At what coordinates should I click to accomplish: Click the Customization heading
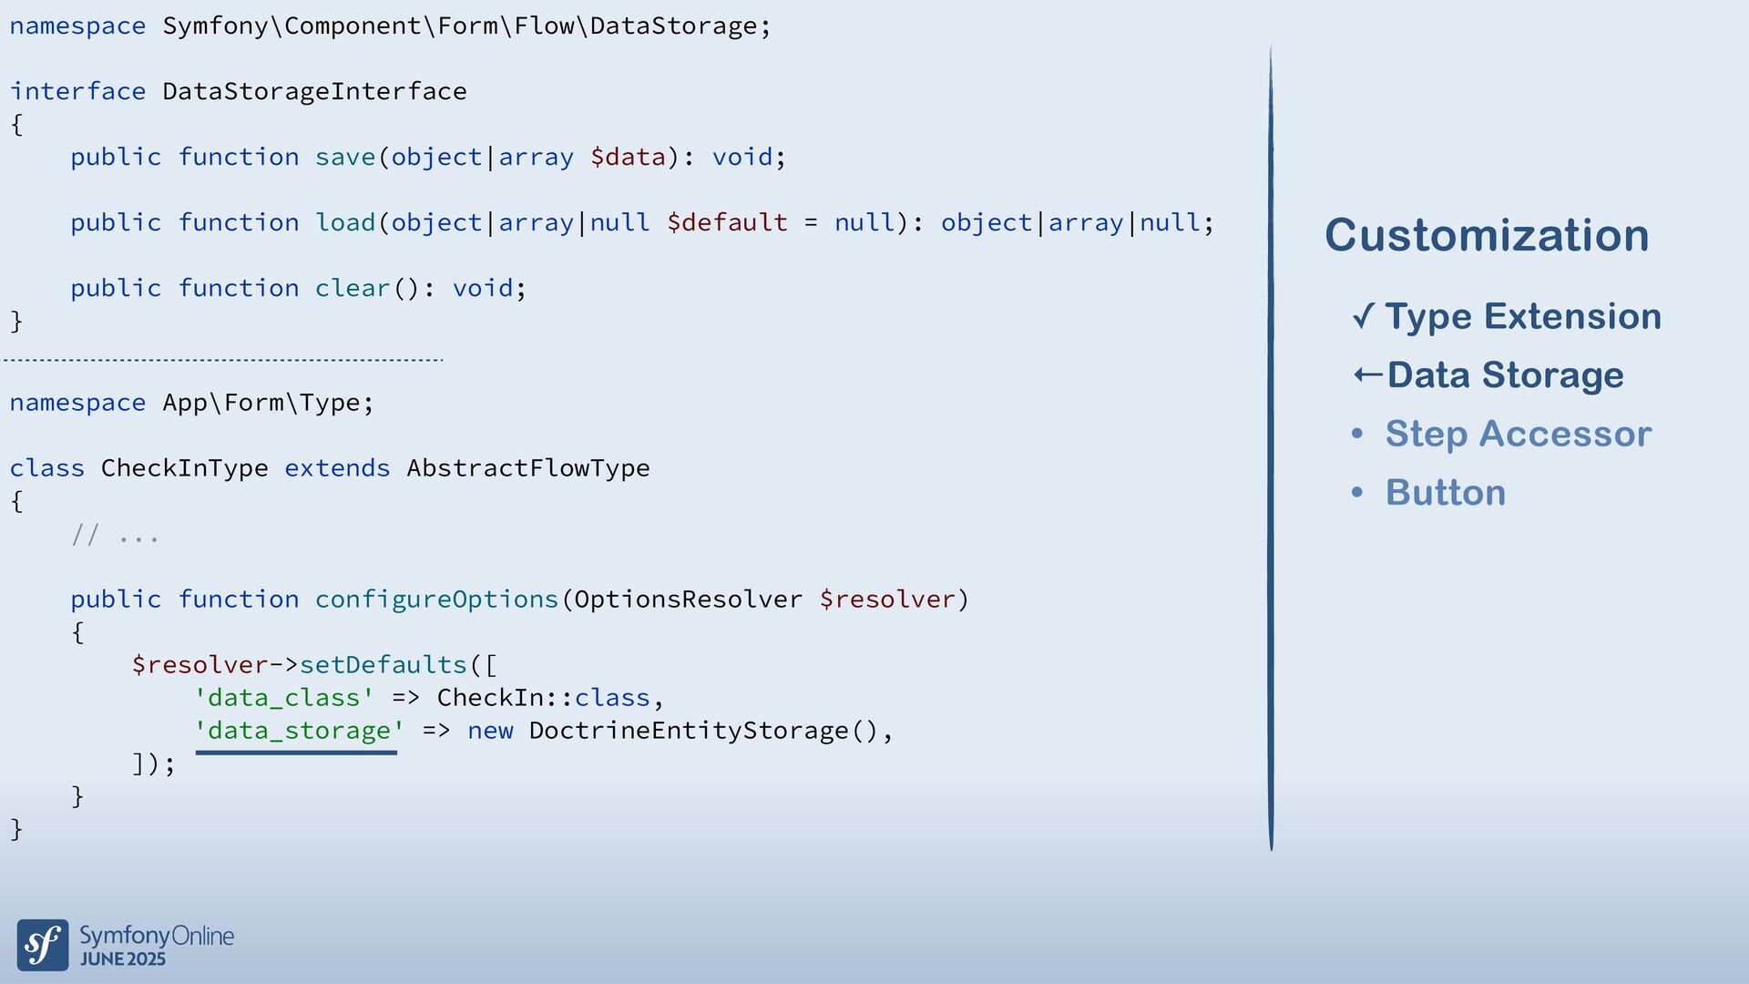click(1487, 235)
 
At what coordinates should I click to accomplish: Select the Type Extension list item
click(1523, 316)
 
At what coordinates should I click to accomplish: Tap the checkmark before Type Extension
click(1364, 316)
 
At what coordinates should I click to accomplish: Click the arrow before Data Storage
click(1367, 374)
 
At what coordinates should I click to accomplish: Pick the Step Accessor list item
click(1518, 434)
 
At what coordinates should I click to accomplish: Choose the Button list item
click(1445, 492)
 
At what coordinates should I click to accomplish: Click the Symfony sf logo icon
click(43, 945)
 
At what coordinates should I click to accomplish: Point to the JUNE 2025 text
click(123, 959)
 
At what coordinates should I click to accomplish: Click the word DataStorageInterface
click(314, 91)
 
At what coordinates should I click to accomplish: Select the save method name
click(345, 157)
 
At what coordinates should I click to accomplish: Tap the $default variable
click(727, 222)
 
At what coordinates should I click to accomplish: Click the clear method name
click(353, 288)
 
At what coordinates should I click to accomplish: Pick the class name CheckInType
click(184, 468)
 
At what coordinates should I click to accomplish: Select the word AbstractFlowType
click(528, 468)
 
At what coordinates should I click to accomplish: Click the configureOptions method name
click(436, 600)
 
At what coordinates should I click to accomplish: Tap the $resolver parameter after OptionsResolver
click(887, 600)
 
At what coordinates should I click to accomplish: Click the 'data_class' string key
click(284, 698)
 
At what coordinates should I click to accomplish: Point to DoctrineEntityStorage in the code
click(689, 731)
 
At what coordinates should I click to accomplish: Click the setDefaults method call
click(383, 665)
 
